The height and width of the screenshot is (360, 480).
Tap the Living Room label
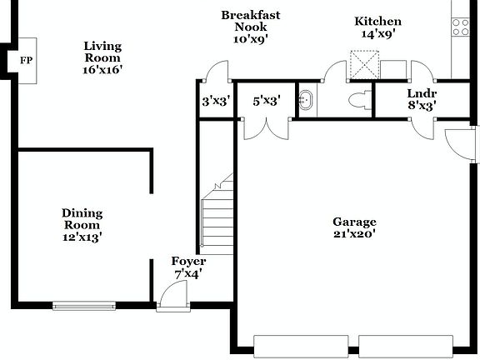pos(102,58)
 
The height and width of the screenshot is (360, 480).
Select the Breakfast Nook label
pos(250,26)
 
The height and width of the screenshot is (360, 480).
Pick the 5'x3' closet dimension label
pos(267,101)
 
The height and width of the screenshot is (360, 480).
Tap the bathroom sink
pos(307,100)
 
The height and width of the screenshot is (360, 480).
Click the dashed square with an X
pos(364,64)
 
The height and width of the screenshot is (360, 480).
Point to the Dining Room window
pos(83,306)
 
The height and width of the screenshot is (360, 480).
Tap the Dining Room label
pos(82,225)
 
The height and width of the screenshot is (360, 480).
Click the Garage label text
pos(355,227)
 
